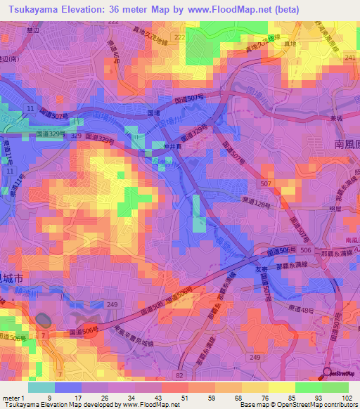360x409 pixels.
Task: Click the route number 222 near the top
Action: [179, 37]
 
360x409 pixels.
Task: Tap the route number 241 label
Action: [350, 58]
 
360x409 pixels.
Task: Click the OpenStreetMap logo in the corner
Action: [341, 372]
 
